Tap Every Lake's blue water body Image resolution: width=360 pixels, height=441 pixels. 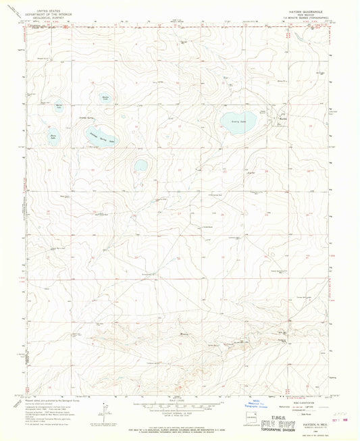[236, 122]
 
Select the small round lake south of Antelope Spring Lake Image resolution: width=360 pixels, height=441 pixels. [140, 165]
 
